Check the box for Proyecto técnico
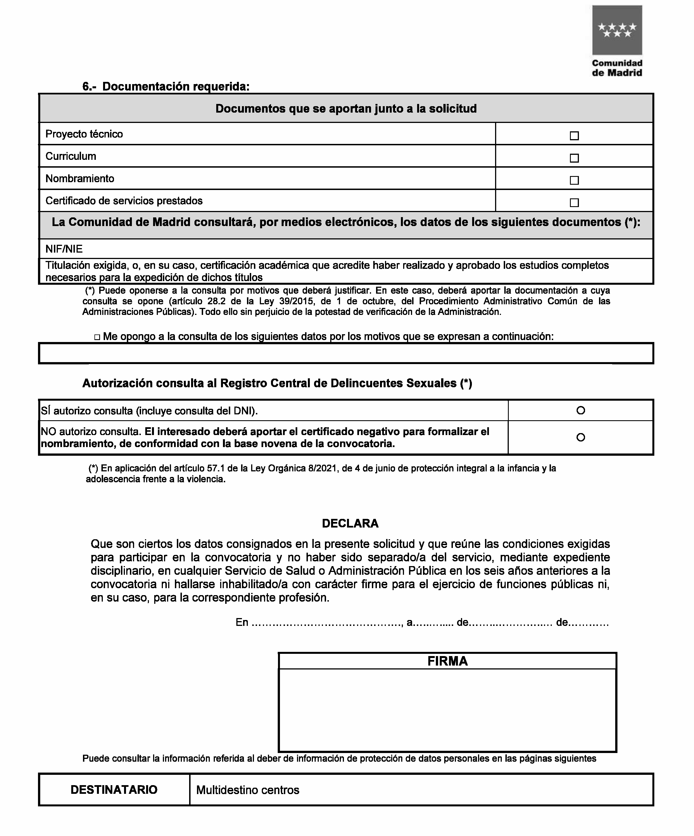tap(574, 136)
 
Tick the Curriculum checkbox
tap(574, 158)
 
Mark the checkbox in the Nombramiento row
tap(574, 180)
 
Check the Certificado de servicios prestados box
tap(574, 203)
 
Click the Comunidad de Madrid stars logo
tap(617, 30)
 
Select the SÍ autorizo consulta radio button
tap(581, 410)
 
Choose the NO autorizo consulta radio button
tap(581, 437)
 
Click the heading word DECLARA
tap(350, 523)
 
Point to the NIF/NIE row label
tap(64, 249)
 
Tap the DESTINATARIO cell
tap(114, 790)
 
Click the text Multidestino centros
tap(248, 790)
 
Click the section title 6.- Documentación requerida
tap(166, 86)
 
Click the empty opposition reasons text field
tap(346, 353)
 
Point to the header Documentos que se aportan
tap(346, 109)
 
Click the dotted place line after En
tap(327, 623)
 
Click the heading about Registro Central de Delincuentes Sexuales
tap(277, 383)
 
